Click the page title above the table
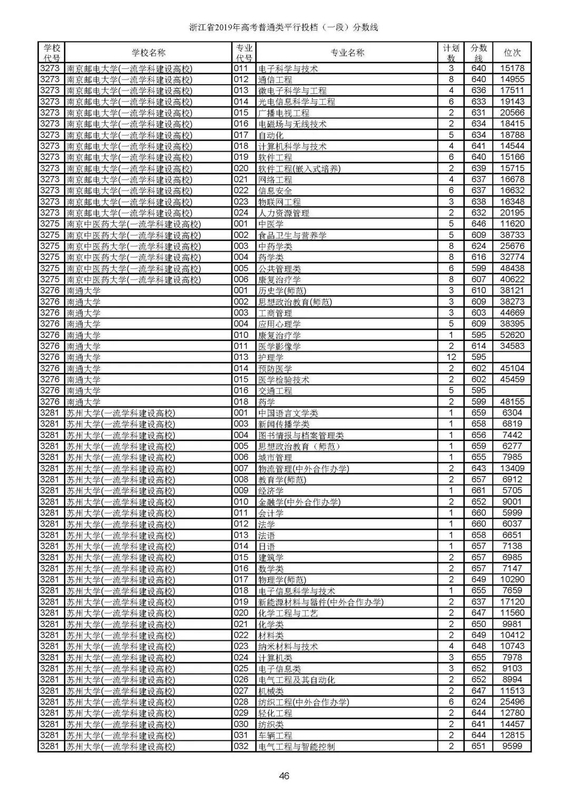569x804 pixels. coord(284,27)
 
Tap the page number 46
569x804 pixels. coord(284,776)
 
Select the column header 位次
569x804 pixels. coord(512,53)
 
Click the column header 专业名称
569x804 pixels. coord(347,53)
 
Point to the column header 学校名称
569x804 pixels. coord(148,53)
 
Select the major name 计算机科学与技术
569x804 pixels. coord(292,146)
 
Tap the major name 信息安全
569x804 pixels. coord(275,191)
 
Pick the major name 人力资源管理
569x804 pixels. coord(283,213)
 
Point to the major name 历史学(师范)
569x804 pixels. coord(282,291)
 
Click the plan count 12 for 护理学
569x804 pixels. coord(451,358)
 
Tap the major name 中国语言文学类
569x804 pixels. coord(288,413)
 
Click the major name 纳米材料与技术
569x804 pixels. coord(288,647)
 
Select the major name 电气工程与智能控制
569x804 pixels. coord(297,747)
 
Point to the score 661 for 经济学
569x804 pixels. coord(478,491)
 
